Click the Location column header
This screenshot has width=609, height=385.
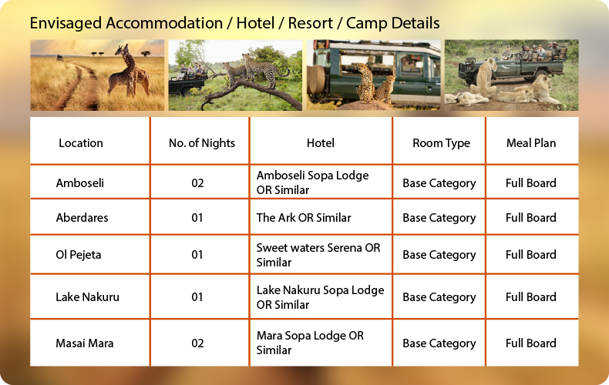81,142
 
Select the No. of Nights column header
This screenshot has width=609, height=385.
201,142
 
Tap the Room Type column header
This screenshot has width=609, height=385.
441,142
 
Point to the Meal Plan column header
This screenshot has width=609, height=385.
531,142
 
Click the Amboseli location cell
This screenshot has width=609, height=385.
80,182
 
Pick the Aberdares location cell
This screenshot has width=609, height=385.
82,217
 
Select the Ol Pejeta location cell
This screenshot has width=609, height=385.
79,255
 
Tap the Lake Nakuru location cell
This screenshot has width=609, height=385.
87,297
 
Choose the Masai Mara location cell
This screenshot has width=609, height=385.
85,343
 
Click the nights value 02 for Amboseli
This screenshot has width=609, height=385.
197,182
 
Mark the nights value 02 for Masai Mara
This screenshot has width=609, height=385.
197,343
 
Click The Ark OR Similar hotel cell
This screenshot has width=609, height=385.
304,217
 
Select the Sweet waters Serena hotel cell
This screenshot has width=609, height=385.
318,255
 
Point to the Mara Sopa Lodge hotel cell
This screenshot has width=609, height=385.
310,343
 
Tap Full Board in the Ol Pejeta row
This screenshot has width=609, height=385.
530,255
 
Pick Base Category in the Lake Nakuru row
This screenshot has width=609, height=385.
439,297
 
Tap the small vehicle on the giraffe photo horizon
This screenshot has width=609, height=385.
60,58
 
